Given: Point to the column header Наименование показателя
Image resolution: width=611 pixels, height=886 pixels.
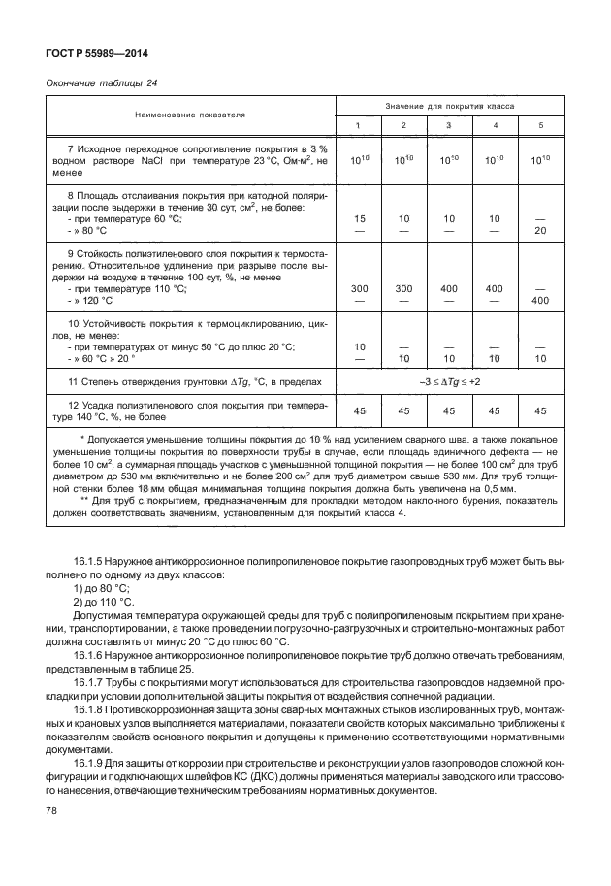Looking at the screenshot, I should tap(190, 115).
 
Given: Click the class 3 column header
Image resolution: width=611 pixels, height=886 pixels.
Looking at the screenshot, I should tap(447, 125).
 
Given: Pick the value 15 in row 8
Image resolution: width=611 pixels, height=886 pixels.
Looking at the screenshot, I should tap(360, 219).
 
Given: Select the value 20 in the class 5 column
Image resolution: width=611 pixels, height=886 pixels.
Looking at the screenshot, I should tap(540, 231).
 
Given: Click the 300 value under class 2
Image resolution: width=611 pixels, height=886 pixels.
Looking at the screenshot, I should tap(403, 289).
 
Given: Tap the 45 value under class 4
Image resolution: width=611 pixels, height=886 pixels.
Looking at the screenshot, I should tap(495, 410).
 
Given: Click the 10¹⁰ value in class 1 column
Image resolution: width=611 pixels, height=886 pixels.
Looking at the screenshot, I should tap(360, 160).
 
